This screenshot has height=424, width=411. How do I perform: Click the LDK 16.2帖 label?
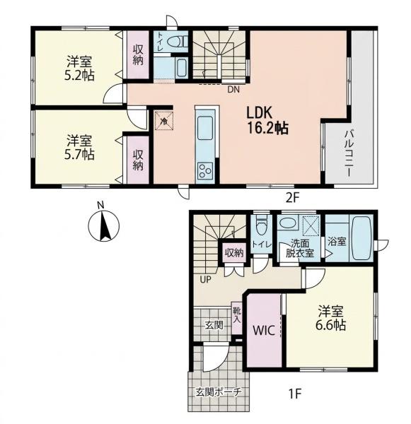click(x=267, y=120)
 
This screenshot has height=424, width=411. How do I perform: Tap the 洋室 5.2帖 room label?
click(x=79, y=69)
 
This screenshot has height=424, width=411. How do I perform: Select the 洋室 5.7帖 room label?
click(x=79, y=148)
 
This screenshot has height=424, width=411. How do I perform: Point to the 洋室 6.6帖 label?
click(x=330, y=318)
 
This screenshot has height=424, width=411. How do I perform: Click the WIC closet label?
click(x=264, y=330)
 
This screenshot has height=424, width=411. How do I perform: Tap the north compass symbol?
click(x=104, y=225)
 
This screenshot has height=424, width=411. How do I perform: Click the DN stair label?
click(x=233, y=90)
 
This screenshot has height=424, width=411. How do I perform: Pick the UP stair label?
click(x=205, y=279)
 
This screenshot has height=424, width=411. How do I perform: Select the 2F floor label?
click(x=293, y=199)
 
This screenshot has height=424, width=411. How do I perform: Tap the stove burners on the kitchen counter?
click(x=205, y=170)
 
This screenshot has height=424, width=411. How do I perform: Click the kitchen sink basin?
click(x=205, y=128)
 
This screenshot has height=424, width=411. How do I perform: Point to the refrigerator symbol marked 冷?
click(x=163, y=121)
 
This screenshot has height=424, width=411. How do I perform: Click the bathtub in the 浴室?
click(x=361, y=239)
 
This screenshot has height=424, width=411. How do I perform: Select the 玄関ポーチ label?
click(x=218, y=391)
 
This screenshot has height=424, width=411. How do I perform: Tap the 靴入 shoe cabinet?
click(x=237, y=318)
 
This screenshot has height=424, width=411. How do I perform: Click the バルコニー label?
click(x=349, y=153)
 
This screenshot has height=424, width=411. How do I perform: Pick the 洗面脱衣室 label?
click(x=300, y=248)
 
